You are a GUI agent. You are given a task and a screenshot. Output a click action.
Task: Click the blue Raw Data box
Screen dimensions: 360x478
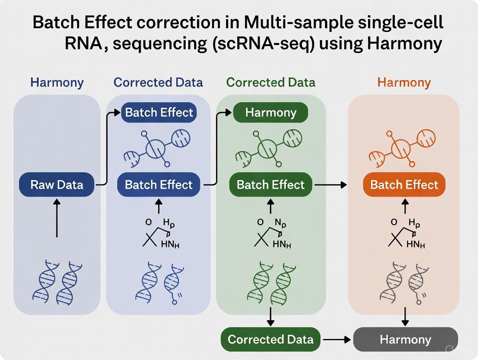(x=57, y=185)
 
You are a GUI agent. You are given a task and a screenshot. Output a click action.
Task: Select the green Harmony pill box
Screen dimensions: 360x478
(x=271, y=113)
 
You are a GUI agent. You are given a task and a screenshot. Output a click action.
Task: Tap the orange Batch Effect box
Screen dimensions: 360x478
(x=404, y=185)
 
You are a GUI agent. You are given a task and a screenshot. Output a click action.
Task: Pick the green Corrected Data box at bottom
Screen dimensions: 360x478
(x=271, y=339)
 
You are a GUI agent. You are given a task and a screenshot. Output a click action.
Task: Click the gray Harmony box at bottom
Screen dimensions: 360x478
(x=405, y=339)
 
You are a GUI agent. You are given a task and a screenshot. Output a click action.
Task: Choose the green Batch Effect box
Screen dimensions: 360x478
(x=271, y=185)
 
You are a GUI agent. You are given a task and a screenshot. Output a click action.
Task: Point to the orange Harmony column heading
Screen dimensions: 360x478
(x=404, y=82)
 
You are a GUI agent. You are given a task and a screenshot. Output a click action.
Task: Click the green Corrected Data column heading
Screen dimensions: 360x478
(x=271, y=82)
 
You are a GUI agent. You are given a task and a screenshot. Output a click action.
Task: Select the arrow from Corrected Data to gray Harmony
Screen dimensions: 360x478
(x=336, y=339)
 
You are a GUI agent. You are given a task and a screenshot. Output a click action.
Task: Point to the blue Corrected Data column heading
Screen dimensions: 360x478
(x=158, y=82)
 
